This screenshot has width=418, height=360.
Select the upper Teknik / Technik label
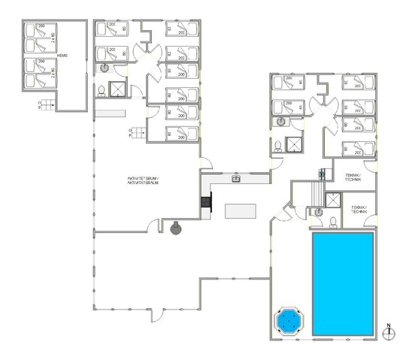coord(353,177)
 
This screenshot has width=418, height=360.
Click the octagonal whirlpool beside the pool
coord(289,321)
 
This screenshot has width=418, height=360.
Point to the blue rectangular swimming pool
coord(342,283)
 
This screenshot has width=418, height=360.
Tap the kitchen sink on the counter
coord(236,178)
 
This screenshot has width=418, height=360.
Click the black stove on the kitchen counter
coord(205,202)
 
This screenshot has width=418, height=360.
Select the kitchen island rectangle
coord(240,210)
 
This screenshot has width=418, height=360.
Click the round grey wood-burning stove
coord(176,228)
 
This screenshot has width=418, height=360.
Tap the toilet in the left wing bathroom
coord(101,91)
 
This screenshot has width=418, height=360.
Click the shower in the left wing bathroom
coord(119,89)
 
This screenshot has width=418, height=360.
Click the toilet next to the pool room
coord(320,213)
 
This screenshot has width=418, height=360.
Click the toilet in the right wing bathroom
coord(278,144)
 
